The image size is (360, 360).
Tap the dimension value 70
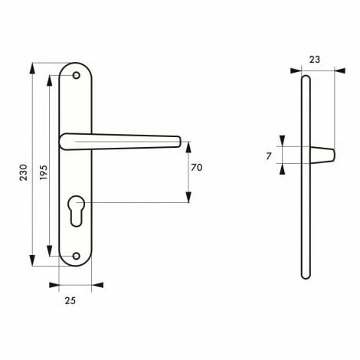[196, 168]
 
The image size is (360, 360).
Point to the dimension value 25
[70, 300]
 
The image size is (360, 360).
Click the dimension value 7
[269, 156]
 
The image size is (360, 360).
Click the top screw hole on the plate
[76, 76]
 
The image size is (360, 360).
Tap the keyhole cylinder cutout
[76, 209]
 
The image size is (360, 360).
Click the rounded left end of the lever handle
[63, 139]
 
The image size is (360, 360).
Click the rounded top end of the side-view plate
[306, 77]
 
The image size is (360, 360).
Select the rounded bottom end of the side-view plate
[306, 276]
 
